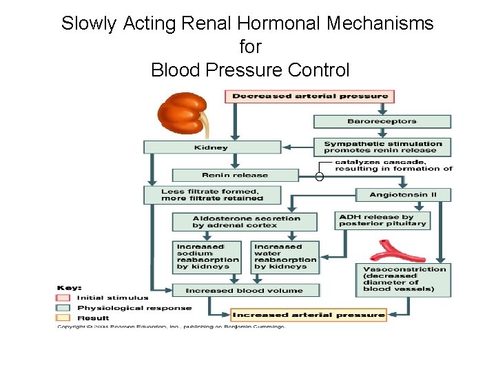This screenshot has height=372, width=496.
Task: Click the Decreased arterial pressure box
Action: (309, 96)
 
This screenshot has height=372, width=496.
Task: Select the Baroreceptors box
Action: (382, 121)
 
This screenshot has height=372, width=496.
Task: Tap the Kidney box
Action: (212, 147)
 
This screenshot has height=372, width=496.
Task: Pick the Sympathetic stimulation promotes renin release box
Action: (382, 147)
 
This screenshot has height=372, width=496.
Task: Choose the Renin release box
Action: (234, 175)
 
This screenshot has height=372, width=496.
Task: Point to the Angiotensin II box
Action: (403, 195)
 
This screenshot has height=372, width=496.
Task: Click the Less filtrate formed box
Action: (212, 194)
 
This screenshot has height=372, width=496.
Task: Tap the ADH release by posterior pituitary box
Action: (383, 220)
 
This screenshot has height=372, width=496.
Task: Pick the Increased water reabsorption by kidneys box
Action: (286, 256)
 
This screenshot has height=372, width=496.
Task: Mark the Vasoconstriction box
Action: (402, 279)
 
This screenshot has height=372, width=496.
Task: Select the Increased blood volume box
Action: (244, 290)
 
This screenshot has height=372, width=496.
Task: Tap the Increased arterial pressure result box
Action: (309, 316)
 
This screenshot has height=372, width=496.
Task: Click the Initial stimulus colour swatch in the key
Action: (63, 298)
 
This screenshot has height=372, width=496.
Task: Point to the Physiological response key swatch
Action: (63, 308)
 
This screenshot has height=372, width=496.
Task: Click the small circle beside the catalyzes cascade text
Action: (320, 177)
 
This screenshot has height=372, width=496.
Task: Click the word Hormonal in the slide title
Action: (278, 23)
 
